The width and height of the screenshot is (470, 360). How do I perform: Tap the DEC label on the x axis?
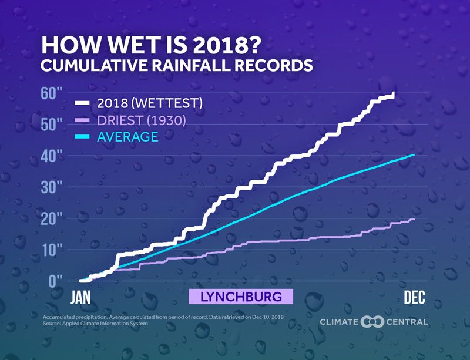414,297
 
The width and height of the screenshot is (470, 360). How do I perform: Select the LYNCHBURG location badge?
240,297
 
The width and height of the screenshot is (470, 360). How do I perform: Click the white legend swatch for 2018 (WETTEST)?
82,103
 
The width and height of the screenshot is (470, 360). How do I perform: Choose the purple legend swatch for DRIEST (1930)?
82,120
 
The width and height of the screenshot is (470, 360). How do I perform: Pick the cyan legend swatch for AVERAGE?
82,137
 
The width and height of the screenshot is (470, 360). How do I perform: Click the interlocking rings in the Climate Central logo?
372,322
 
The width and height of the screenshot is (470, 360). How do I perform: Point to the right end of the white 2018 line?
394,93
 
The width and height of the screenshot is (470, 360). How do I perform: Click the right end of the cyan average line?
414,155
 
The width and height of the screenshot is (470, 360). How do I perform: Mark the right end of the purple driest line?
414,219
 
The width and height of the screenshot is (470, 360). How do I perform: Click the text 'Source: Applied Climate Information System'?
95,324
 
